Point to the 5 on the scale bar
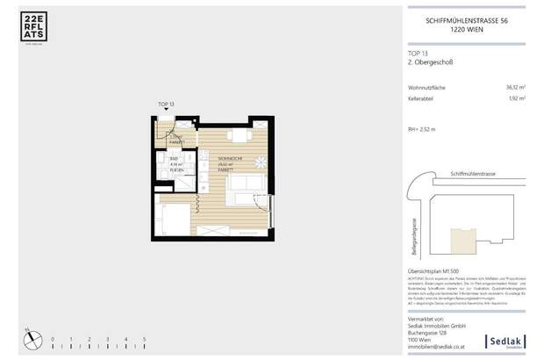tap(144, 338)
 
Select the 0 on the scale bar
tap(52, 338)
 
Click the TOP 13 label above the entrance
tap(167, 104)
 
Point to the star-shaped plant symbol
tap(261, 162)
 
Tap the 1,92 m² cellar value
tap(516, 99)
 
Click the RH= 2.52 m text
tap(422, 129)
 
